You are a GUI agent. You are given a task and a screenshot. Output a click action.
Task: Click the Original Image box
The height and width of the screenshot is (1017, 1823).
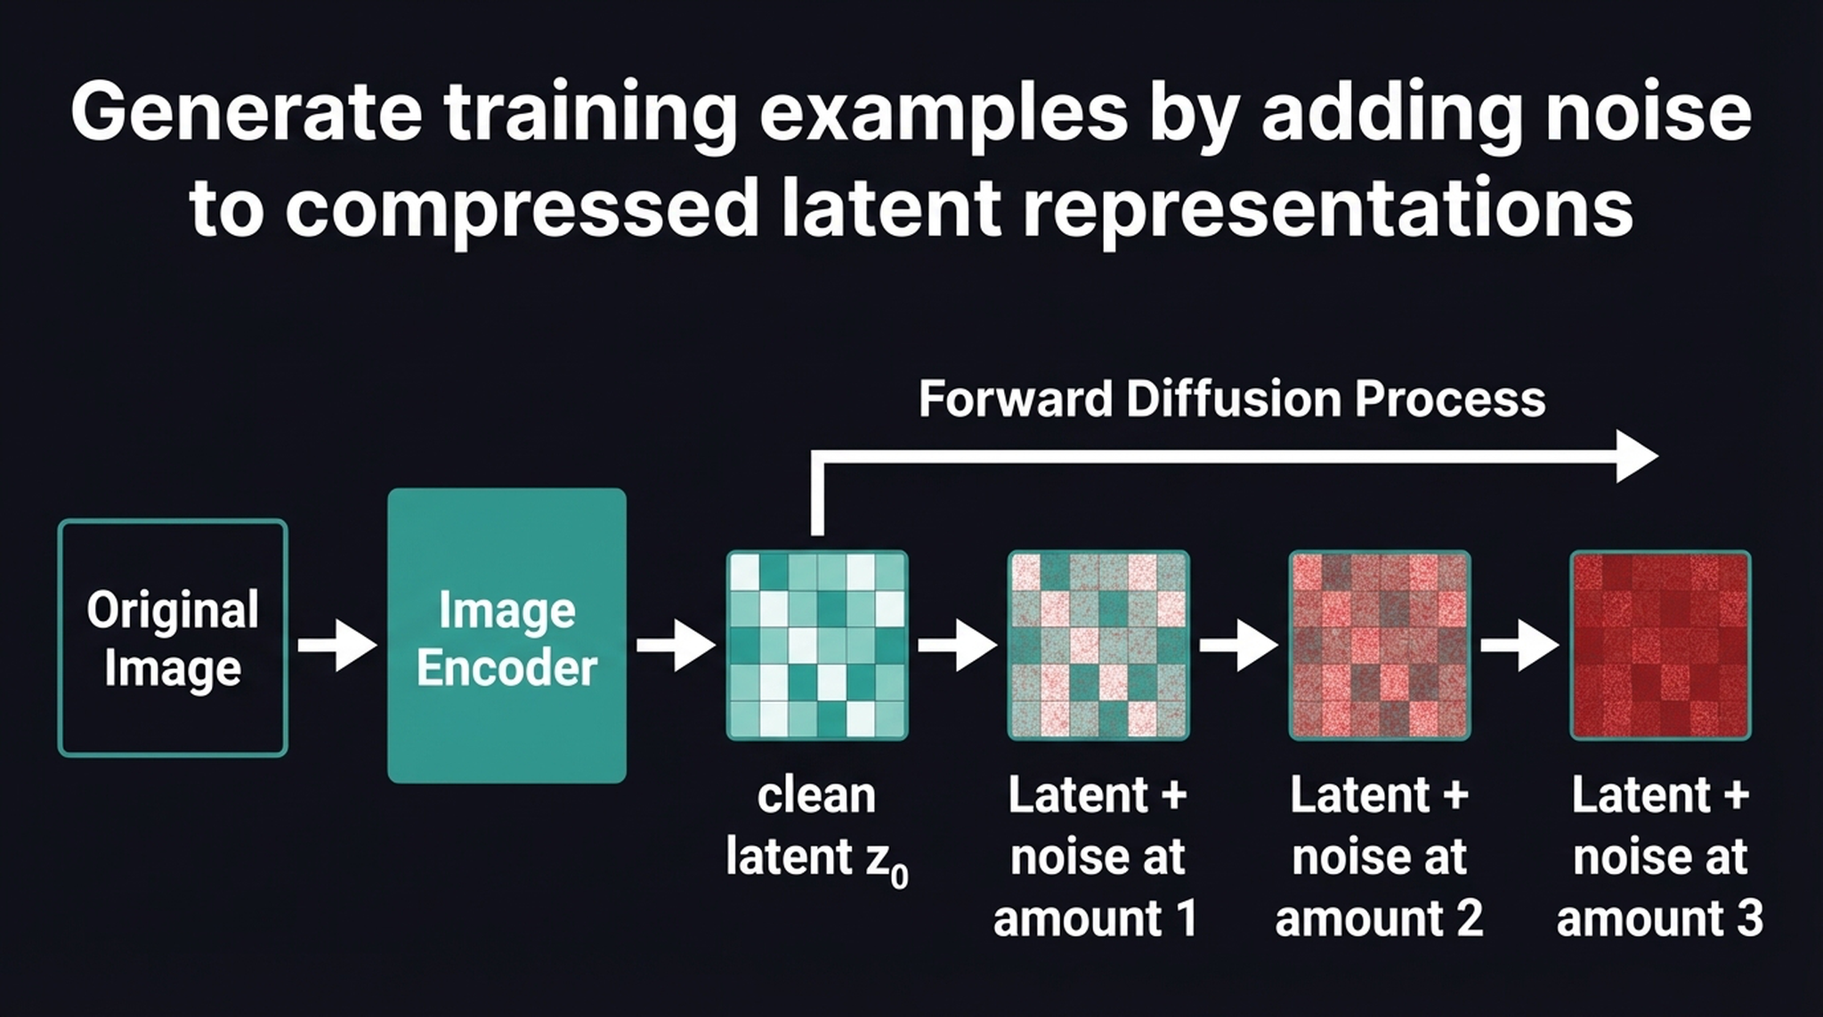[x=173, y=638]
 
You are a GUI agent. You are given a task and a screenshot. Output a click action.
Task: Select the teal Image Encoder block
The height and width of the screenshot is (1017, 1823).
[x=506, y=635]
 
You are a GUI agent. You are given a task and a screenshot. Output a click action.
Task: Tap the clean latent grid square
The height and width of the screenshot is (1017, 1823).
[x=817, y=645]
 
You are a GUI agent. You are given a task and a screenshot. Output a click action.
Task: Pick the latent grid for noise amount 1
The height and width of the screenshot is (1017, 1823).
[x=1098, y=645]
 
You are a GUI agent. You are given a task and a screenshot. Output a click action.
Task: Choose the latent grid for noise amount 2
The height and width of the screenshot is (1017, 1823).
[x=1380, y=645]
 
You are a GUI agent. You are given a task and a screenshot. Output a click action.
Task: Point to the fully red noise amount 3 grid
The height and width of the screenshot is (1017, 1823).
[x=1660, y=645]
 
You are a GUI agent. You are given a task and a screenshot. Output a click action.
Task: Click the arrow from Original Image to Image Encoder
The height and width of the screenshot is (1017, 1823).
[x=336, y=644]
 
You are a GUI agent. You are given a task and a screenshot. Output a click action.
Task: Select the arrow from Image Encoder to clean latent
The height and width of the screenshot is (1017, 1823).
[x=676, y=644]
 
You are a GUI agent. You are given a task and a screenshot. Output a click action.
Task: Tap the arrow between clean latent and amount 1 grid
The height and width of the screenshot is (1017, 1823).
[x=957, y=644]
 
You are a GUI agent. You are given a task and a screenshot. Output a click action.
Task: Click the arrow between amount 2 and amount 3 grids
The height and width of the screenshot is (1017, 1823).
[x=1519, y=644]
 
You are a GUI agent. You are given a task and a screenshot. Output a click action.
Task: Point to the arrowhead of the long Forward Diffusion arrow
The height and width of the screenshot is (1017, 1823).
[x=1636, y=456]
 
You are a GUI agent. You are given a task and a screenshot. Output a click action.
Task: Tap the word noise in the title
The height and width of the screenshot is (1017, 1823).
[x=1648, y=112]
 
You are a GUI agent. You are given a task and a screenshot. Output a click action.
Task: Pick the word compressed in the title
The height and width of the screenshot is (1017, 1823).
[x=521, y=208]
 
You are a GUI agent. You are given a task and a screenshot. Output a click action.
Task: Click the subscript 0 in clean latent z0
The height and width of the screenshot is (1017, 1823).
[x=899, y=877]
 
